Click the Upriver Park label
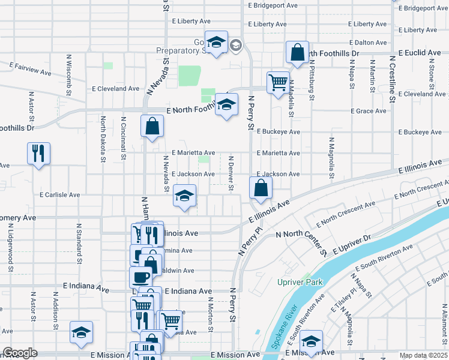click(x=300, y=282)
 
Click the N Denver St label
click(x=231, y=173)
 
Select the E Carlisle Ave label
click(x=60, y=195)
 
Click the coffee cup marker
click(x=140, y=277)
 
